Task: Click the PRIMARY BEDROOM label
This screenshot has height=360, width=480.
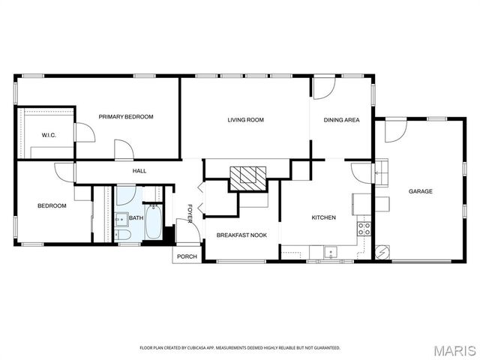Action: (126, 117)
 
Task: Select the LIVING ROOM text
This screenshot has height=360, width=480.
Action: (245, 120)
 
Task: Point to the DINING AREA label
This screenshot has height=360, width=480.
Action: (341, 120)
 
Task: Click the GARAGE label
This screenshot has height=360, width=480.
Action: (420, 191)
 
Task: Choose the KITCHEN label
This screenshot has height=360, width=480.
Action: (323, 218)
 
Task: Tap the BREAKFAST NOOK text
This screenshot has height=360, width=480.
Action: (241, 235)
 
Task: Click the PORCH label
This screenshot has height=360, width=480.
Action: (186, 256)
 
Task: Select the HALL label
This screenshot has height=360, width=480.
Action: (139, 171)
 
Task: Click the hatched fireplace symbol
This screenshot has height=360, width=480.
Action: (247, 177)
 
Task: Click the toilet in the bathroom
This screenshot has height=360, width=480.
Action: (124, 235)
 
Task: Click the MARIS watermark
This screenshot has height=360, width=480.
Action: (455, 349)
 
